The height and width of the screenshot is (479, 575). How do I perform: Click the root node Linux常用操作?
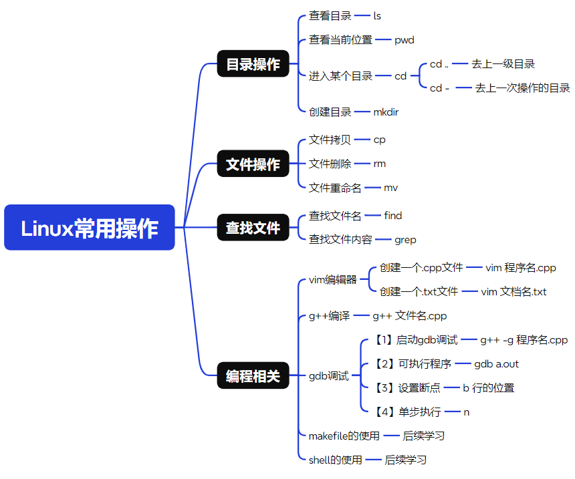pos(90,228)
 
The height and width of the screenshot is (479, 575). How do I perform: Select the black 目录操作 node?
pos(253,64)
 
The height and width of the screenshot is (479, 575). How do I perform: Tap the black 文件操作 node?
pos(253,164)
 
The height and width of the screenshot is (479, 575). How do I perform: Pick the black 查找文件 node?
pos(253,228)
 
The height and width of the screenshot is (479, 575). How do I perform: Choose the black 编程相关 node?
pos(253,376)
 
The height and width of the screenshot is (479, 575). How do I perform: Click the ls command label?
pos(377,15)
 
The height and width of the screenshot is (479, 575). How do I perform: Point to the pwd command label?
pos(404,39)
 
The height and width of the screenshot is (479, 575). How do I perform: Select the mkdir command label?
pos(386,112)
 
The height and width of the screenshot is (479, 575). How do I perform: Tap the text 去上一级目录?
pos(503,64)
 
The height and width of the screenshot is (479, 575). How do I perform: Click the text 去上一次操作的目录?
pos(522,88)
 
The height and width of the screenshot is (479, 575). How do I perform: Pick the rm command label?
pos(379,164)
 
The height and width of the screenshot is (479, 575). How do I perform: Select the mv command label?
pos(390,188)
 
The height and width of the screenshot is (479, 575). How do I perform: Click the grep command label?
pos(405,239)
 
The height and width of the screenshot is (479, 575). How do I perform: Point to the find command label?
pos(393,216)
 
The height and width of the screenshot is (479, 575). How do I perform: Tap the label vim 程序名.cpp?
pos(520,268)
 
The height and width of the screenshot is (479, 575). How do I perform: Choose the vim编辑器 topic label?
pos(332,280)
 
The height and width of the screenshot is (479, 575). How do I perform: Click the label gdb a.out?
pos(496,364)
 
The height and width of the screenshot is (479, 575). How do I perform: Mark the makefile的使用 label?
pos(344,436)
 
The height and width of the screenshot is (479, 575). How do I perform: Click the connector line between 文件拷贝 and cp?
pos(362,140)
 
